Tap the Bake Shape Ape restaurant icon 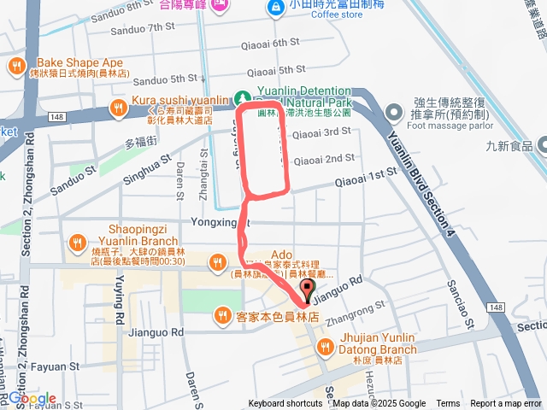click(x=16, y=67)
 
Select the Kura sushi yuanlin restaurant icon click(x=119, y=108)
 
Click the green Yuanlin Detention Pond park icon click(x=242, y=97)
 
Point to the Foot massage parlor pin click(x=393, y=111)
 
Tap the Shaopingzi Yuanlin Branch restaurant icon click(x=79, y=240)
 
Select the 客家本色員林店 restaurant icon click(x=222, y=315)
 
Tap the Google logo click(x=32, y=398)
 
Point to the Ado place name click(x=282, y=255)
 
